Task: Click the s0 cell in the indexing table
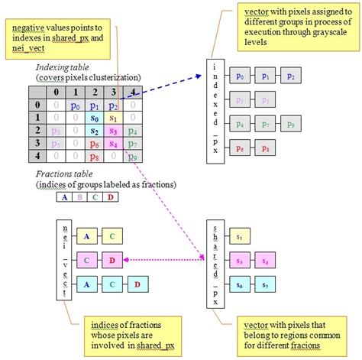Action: pyautogui.click(x=95, y=118)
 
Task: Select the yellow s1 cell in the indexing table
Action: pyautogui.click(x=113, y=118)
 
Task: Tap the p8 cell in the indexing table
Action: pyautogui.click(x=95, y=156)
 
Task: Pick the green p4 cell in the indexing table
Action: pyautogui.click(x=131, y=131)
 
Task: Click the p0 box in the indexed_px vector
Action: pyautogui.click(x=241, y=77)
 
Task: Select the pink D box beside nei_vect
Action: pyautogui.click(x=112, y=260)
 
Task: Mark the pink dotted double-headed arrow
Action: pyautogui.click(x=164, y=260)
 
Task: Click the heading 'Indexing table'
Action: pyautogui.click(x=67, y=68)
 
